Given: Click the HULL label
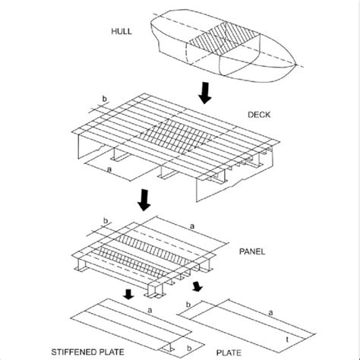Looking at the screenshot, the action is [x=122, y=31].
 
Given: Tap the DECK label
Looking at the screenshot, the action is [x=259, y=115].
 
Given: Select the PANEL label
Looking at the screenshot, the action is [x=252, y=251].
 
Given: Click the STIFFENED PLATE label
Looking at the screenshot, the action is [x=88, y=352].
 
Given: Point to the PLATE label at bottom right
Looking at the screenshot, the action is [x=229, y=352].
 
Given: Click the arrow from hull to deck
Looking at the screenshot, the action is [x=204, y=93].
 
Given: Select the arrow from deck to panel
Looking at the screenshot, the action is [x=144, y=200].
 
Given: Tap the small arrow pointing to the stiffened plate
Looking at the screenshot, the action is [x=129, y=295].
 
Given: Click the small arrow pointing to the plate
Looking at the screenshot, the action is [x=197, y=286].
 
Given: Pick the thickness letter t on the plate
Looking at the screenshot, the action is [x=287, y=339].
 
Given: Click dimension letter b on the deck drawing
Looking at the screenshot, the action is [x=104, y=99].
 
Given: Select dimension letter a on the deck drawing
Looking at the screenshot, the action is [x=109, y=169].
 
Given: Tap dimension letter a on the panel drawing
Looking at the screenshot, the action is [x=192, y=226].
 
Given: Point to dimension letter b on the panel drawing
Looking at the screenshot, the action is [x=106, y=221].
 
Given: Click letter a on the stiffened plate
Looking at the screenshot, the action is [x=150, y=310].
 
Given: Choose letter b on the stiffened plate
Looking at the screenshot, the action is [x=189, y=349].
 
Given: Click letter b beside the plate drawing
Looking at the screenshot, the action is [x=188, y=305].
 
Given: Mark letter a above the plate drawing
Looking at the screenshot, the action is [x=270, y=313].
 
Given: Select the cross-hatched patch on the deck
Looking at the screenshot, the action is [x=175, y=136].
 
